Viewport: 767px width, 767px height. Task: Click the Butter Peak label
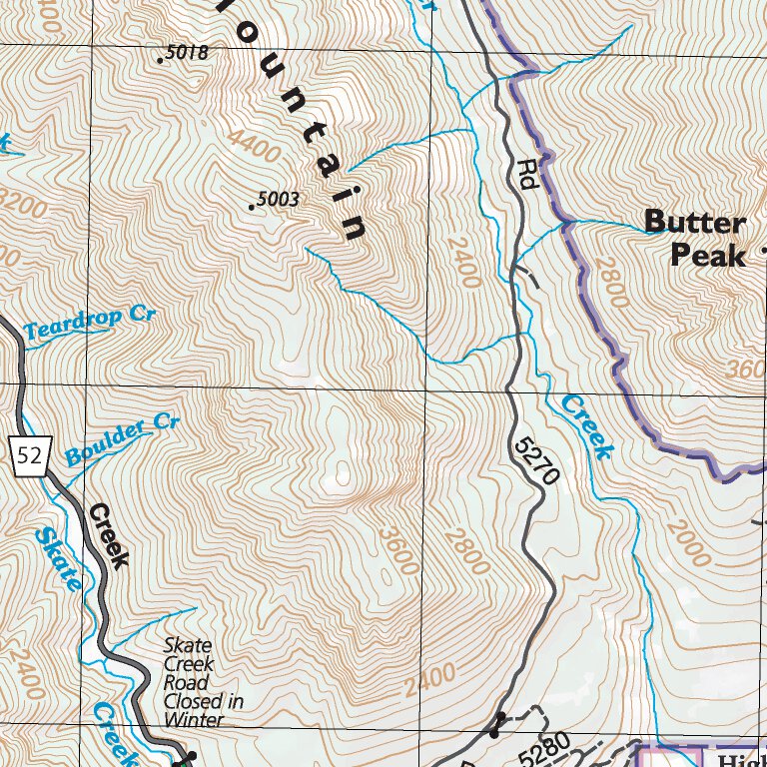[695, 239]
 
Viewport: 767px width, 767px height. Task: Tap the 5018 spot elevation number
[186, 53]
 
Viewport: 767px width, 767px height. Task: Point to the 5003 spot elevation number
[277, 200]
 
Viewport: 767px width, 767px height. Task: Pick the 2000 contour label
[689, 543]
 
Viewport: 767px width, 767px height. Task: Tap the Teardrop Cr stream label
[90, 323]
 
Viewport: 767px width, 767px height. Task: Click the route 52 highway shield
[30, 455]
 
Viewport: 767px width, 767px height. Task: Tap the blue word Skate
[58, 559]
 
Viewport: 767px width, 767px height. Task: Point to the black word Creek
[108, 536]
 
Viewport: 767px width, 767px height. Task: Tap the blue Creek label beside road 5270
[585, 426]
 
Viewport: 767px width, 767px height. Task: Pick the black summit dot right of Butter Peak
[764, 248]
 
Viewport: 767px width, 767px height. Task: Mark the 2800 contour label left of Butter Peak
[610, 284]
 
